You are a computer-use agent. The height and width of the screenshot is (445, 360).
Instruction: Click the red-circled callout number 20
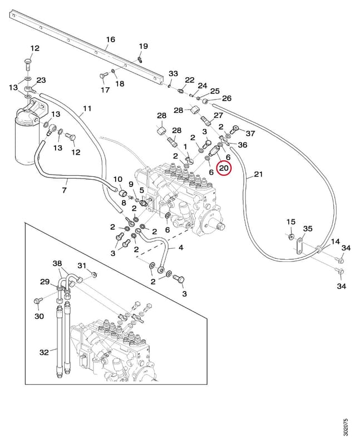coord(224,169)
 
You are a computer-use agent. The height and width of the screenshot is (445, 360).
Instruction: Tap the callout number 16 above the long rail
coord(110,39)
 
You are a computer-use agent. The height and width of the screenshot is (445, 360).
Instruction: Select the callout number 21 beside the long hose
coord(258,174)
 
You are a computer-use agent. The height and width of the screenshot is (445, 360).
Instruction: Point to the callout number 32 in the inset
coord(45,352)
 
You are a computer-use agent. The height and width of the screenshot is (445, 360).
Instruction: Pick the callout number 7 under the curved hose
coord(65,190)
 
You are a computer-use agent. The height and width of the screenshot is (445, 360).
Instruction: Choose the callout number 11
coord(87,108)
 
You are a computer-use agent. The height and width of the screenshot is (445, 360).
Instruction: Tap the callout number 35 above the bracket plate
coord(308,229)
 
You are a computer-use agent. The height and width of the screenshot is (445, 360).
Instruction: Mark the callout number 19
coord(144,46)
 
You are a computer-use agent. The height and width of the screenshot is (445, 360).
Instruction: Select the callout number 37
coord(250,133)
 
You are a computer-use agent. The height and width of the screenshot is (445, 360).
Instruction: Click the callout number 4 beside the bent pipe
coord(181,247)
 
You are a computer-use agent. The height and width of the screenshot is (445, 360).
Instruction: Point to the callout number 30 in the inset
coord(39,316)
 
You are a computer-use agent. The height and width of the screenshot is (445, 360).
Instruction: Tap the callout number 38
coord(57,264)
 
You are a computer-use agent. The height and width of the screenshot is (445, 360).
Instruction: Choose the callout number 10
coord(118,179)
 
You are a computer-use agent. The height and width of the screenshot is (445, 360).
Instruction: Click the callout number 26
coord(226,98)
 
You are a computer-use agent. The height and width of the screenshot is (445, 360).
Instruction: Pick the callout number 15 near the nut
coord(291,221)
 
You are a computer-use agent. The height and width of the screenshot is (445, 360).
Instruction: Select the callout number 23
coord(41,80)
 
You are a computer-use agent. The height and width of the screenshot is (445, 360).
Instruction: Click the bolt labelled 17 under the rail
coord(103,77)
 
